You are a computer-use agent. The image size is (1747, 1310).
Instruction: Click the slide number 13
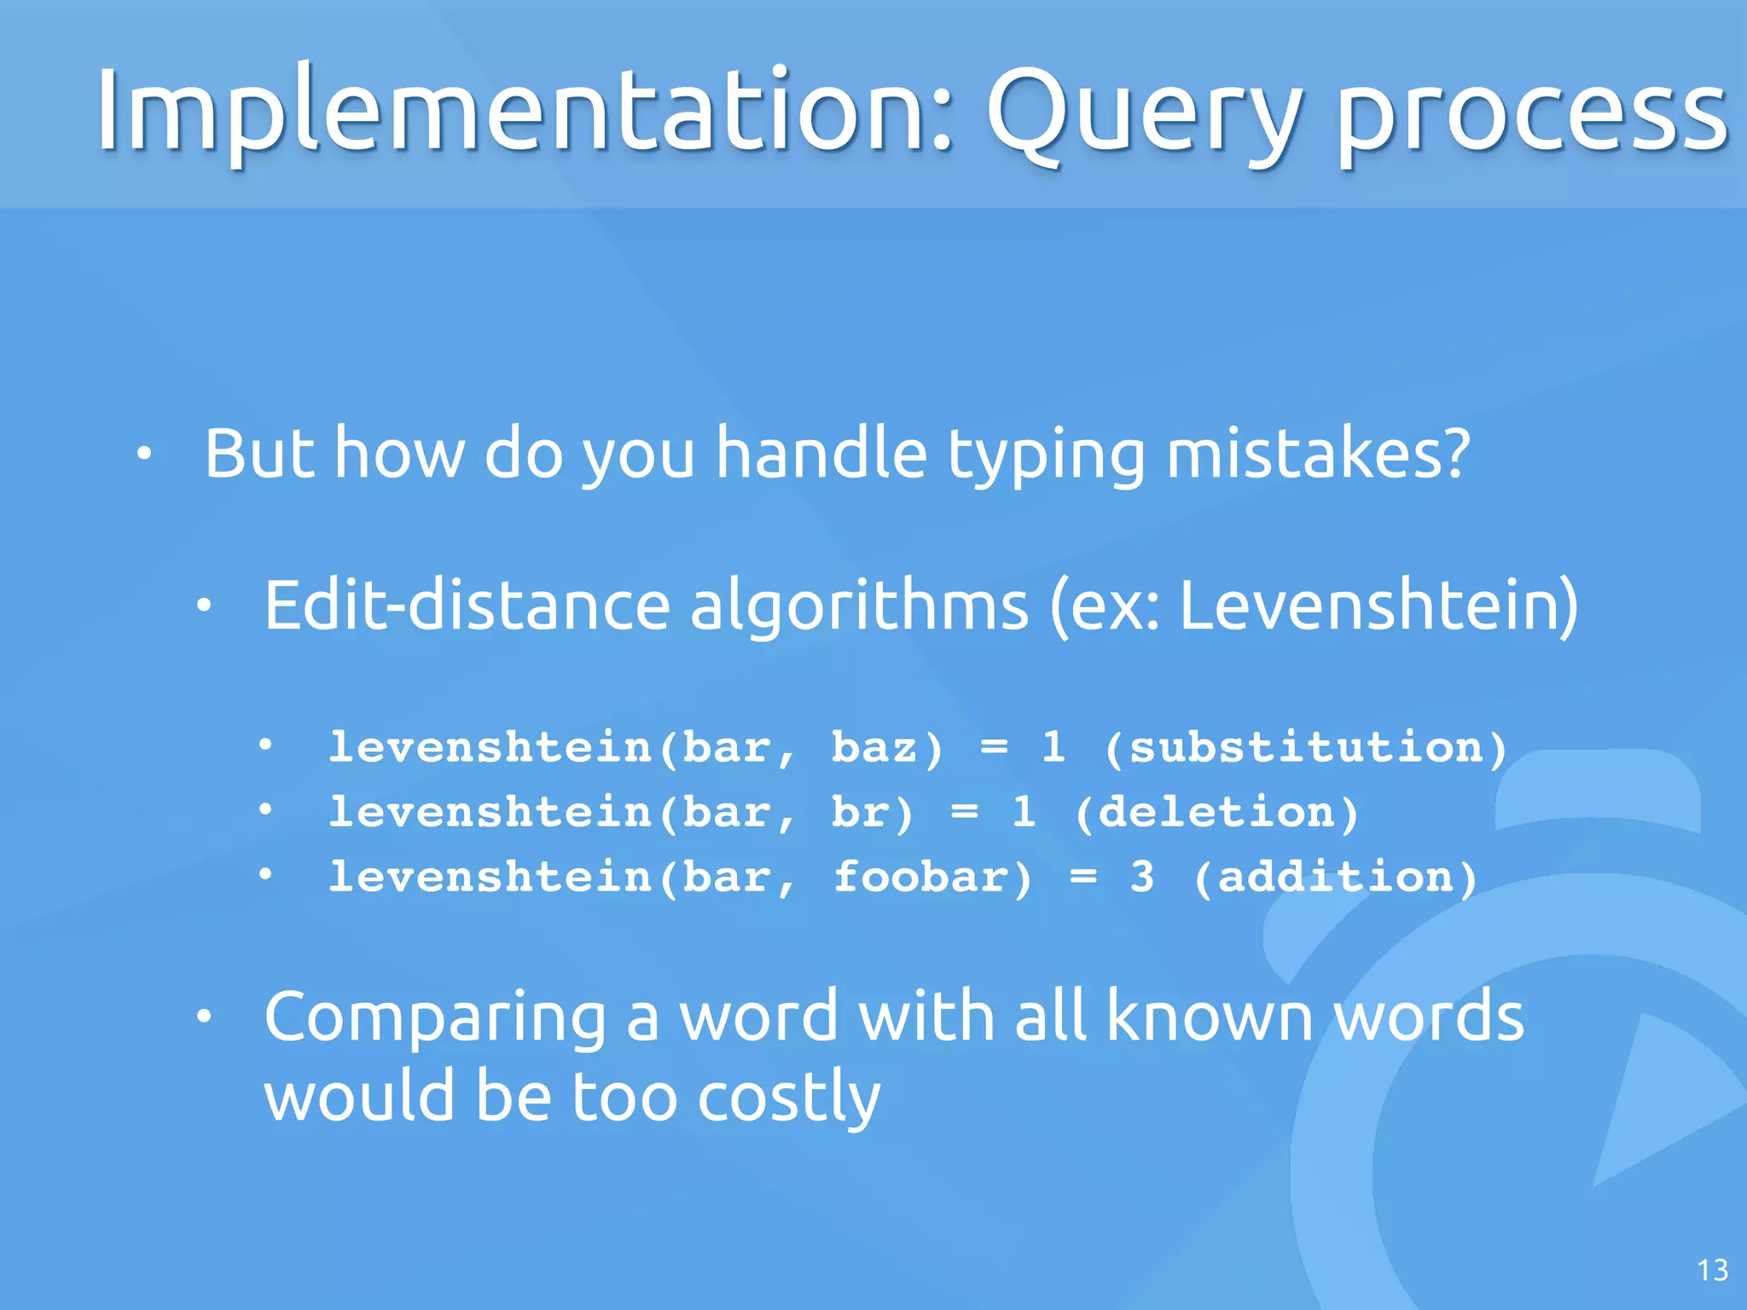coord(1712,1271)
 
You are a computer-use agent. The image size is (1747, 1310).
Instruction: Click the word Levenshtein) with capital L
coord(1378,606)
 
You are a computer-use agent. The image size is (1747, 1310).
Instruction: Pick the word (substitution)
coord(1305,748)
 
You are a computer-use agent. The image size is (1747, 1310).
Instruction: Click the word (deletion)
coord(1216,813)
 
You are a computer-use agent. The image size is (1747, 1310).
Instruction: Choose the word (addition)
coord(1335,878)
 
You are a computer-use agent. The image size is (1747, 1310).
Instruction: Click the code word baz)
coord(887,748)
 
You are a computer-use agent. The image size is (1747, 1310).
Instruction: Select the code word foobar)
coord(932,878)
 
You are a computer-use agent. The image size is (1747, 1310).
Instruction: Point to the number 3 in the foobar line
coord(1142,878)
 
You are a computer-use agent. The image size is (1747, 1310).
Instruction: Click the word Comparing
coord(435,1017)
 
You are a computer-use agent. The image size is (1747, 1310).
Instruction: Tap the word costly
coord(788,1098)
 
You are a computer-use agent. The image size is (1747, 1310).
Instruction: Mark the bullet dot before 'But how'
coord(144,454)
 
